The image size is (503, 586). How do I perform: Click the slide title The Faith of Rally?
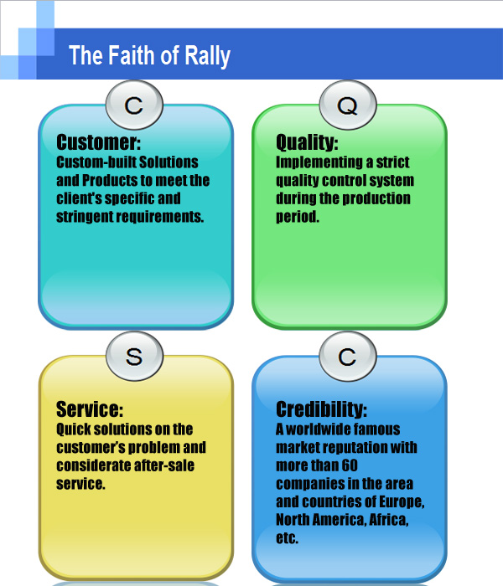(x=149, y=55)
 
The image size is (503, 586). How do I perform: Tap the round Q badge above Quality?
(x=348, y=105)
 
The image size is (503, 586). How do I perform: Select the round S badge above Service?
(x=134, y=356)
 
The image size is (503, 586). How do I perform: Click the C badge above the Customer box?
(x=134, y=105)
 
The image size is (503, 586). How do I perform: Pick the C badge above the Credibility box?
(x=348, y=356)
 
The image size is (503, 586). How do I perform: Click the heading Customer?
(x=98, y=142)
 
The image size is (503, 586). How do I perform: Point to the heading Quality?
(x=307, y=142)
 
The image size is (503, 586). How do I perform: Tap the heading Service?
(x=90, y=409)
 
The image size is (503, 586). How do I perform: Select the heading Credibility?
(x=321, y=409)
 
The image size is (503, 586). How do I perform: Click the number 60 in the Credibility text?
(x=350, y=465)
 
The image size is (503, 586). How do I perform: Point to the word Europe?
(x=402, y=502)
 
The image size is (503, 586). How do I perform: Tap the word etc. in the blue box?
(x=287, y=538)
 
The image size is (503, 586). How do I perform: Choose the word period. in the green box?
(x=298, y=217)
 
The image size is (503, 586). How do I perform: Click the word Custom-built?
(x=96, y=162)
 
